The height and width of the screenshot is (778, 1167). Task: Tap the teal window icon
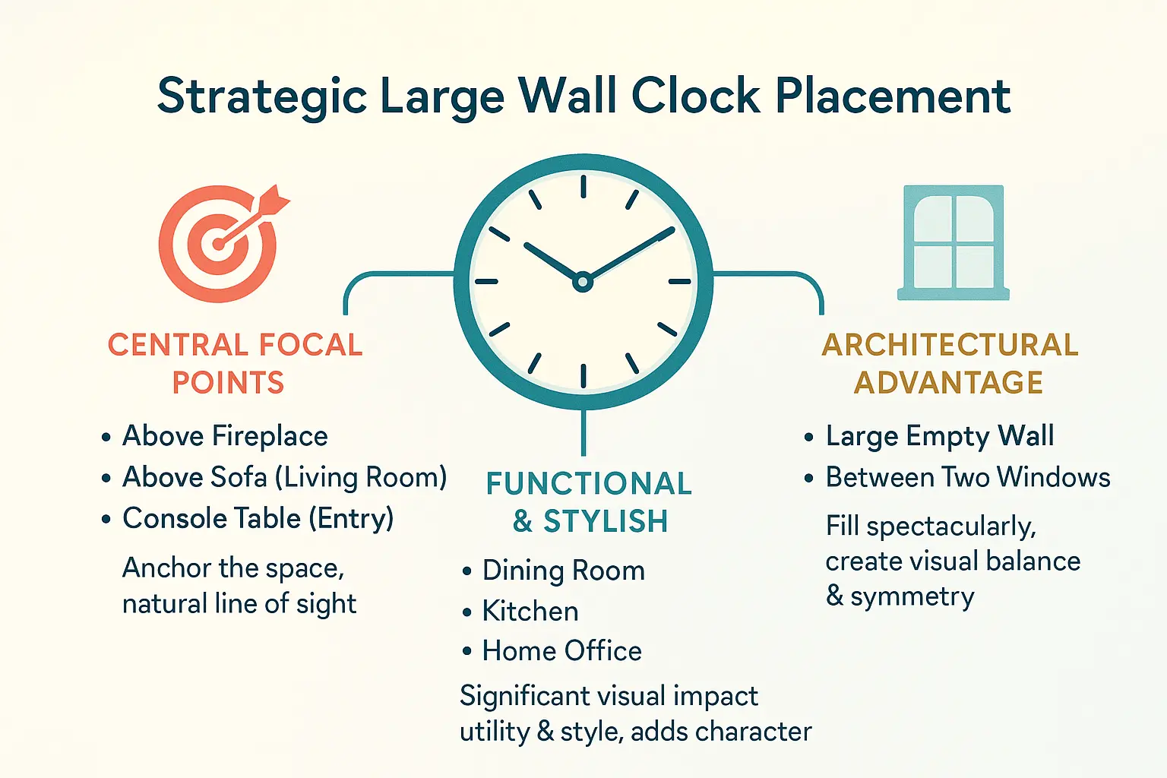[954, 242]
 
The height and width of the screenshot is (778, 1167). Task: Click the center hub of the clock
[583, 282]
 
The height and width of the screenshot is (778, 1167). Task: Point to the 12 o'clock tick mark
[583, 186]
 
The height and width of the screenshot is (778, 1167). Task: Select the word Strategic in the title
[262, 97]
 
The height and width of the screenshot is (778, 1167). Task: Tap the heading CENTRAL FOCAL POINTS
[234, 363]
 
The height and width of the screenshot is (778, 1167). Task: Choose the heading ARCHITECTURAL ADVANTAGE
[950, 363]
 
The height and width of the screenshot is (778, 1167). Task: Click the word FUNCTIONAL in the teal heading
[589, 483]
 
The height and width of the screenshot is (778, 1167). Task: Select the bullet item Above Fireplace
[225, 436]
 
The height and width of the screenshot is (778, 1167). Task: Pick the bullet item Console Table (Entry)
[258, 518]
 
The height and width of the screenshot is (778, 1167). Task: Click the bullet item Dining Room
[563, 571]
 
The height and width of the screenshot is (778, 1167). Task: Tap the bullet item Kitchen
[530, 611]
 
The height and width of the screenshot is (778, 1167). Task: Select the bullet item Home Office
[561, 651]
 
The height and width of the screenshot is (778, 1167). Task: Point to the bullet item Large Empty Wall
[940, 436]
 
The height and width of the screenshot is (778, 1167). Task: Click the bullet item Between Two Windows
[968, 477]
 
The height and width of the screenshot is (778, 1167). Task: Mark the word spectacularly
[950, 527]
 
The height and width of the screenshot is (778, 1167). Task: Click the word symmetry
[912, 597]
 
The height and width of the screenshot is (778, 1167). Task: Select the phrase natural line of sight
[239, 604]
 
